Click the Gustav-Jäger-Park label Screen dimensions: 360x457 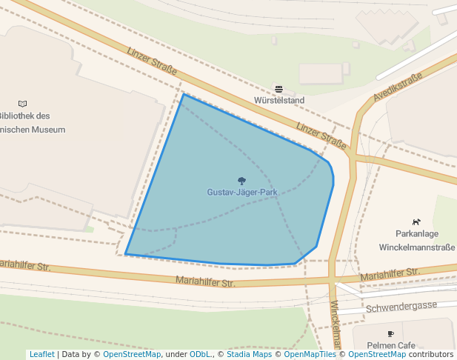tap(241, 192)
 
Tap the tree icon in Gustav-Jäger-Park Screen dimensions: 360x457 tap(241, 181)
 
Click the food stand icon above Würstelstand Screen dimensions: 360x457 tap(279, 89)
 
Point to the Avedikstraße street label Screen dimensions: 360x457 tap(398, 87)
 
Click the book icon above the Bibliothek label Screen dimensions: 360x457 tap(22, 104)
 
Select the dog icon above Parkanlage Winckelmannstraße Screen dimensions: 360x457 tap(416, 221)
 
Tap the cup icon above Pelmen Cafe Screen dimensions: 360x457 tap(390, 335)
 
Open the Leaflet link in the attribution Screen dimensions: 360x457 tap(41, 354)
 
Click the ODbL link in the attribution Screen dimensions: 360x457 tap(200, 354)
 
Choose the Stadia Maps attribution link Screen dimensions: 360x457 tap(249, 354)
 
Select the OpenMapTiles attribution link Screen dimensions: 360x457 tap(305, 354)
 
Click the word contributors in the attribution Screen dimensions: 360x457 tap(430, 354)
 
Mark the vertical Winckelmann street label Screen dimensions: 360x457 tap(335, 326)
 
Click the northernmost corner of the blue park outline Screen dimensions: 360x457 tap(183, 94)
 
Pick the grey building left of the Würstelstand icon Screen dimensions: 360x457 tap(321, 73)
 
